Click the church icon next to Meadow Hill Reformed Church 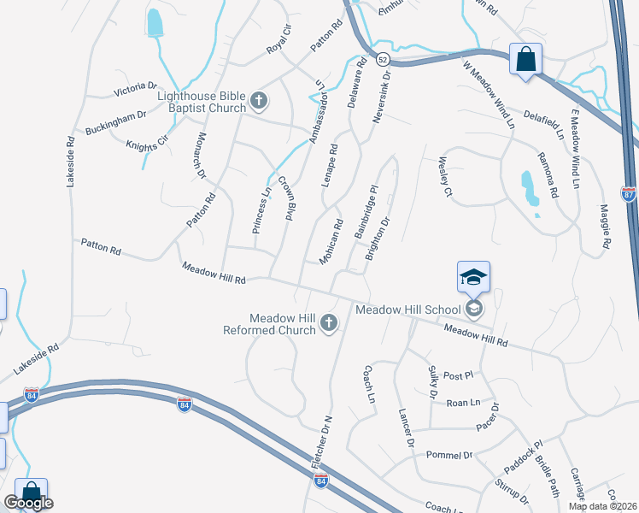(x=329, y=324)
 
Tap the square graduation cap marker (x=473, y=277)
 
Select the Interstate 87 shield (x=628, y=194)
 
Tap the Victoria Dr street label (x=136, y=89)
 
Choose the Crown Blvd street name (x=286, y=198)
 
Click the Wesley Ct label (x=444, y=176)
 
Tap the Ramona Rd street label (x=548, y=174)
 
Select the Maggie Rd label (x=605, y=226)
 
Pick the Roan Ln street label (x=462, y=402)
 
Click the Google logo (x=29, y=503)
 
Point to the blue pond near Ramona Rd (x=530, y=189)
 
